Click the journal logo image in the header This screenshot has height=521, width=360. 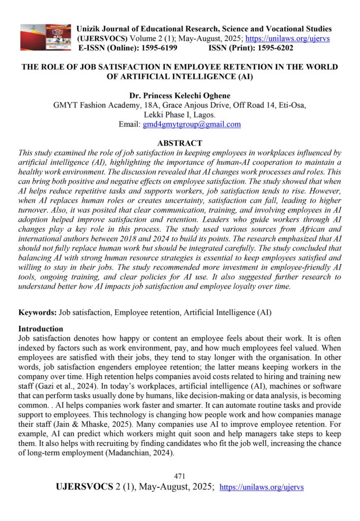[x=46, y=37]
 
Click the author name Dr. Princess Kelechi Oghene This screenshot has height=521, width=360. [x=180, y=95]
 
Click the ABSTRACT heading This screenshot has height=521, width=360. [x=180, y=143]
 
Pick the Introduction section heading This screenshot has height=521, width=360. [x=41, y=329]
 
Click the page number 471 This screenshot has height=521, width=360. [x=179, y=476]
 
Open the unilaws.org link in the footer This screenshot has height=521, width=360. [x=261, y=487]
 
